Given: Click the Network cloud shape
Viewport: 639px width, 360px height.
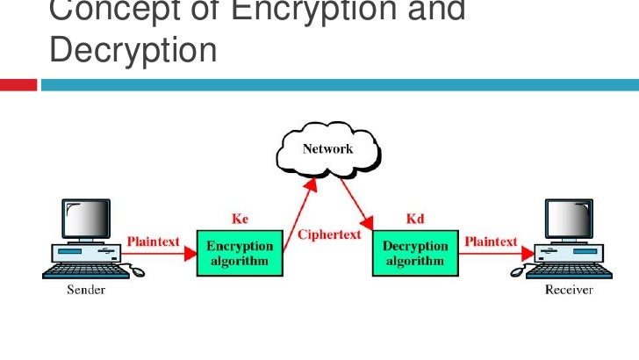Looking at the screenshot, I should point(327,151).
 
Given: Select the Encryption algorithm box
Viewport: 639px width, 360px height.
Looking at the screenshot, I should point(240,253).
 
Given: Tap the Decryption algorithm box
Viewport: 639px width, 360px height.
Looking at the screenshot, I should point(416,253).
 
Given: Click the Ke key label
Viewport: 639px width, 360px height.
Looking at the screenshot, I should point(240,219).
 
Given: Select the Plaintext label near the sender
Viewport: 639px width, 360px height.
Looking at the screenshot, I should point(154,240).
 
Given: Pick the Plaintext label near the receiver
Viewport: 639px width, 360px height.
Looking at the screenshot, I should point(491,240).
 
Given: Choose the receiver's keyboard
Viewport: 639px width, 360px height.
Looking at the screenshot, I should point(566,273).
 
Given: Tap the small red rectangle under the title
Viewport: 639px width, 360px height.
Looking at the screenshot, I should point(18,85).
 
